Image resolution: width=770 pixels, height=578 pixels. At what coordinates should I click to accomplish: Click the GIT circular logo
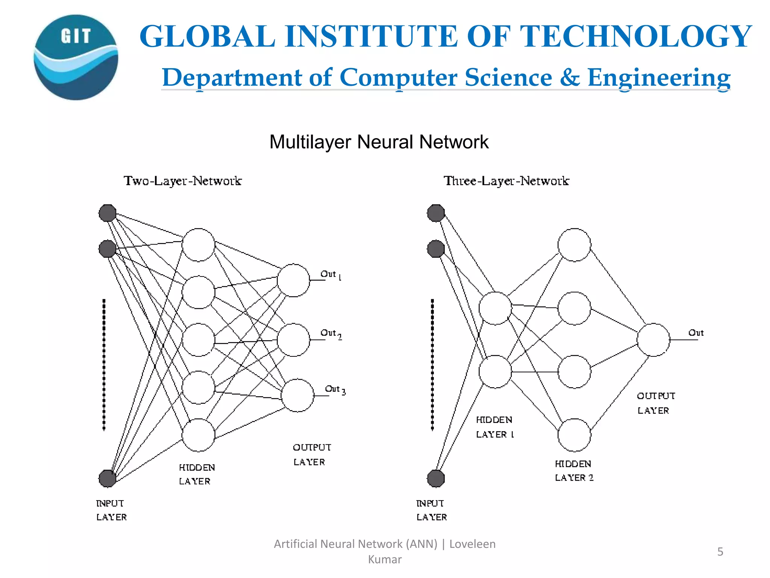click(x=76, y=57)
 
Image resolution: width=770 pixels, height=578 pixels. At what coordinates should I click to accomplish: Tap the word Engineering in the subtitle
click(x=659, y=78)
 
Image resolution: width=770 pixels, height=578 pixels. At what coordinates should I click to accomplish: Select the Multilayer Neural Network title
click(x=379, y=142)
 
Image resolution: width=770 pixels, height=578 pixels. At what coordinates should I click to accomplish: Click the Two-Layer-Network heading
click(x=182, y=181)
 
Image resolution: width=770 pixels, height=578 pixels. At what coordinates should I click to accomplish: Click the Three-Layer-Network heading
click(x=506, y=181)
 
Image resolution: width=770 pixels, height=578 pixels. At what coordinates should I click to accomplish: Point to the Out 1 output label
click(x=330, y=275)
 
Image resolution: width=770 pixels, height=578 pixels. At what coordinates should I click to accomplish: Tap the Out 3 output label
click(x=335, y=389)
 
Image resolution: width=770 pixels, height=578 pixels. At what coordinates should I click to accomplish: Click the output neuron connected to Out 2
click(x=293, y=340)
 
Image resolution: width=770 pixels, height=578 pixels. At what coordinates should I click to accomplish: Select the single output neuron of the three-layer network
click(x=653, y=340)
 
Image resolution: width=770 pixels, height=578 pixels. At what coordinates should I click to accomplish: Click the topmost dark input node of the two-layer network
click(x=108, y=213)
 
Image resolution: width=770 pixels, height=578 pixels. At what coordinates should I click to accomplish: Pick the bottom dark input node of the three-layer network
click(x=436, y=478)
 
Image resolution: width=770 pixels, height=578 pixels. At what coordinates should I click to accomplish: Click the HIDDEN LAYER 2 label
click(x=574, y=471)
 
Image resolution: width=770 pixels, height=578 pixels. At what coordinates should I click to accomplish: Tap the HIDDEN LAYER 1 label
click(x=494, y=427)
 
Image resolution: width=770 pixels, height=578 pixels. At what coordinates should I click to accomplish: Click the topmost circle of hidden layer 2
click(x=574, y=245)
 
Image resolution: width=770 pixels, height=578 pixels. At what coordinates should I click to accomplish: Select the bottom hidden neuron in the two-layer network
click(x=198, y=435)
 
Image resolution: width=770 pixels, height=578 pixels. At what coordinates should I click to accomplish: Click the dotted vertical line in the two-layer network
click(x=104, y=364)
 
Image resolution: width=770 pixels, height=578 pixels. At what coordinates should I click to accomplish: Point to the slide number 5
click(x=720, y=552)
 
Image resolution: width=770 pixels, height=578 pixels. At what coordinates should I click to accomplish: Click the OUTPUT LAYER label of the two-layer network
click(x=311, y=455)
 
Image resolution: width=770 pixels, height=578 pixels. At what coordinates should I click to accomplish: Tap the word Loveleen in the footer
click(x=472, y=544)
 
